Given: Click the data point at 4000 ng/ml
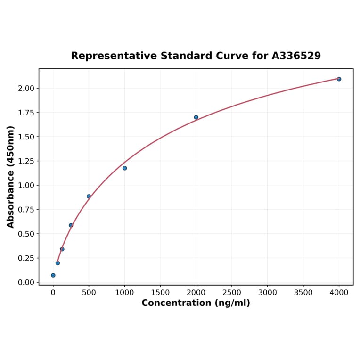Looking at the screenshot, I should click(339, 79).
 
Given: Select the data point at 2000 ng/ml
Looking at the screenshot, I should click(196, 117).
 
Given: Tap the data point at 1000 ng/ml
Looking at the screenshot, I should click(124, 168).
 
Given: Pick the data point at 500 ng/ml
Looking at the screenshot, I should click(89, 196).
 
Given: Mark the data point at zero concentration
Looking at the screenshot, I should click(53, 275).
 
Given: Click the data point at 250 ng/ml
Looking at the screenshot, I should click(71, 225).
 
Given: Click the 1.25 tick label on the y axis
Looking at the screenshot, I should click(26, 161).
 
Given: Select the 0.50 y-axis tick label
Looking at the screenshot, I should click(26, 234).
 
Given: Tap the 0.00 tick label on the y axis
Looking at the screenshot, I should click(26, 282).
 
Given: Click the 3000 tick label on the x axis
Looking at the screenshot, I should click(268, 293).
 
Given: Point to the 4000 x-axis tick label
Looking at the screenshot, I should click(339, 293).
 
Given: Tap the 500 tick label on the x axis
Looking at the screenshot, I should click(89, 293).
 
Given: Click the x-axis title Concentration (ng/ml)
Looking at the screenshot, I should click(196, 303).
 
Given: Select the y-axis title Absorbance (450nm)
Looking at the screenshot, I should click(11, 177).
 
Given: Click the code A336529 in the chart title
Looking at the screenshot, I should click(296, 56).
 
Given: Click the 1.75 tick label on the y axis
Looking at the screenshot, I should click(26, 113).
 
